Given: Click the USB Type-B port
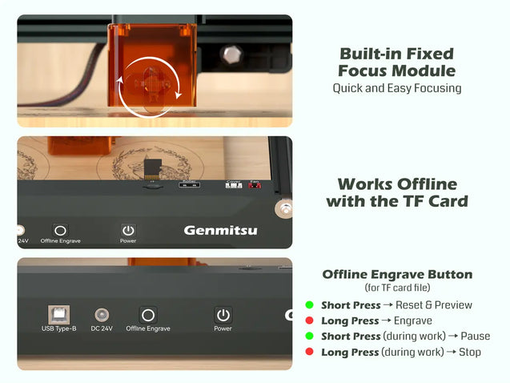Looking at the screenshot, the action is tap(59, 315).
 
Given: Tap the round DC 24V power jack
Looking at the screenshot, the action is tap(102, 315).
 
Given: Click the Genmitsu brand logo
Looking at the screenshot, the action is tap(220, 231).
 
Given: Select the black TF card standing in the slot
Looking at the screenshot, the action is tap(153, 168).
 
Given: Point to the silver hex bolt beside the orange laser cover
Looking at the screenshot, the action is tap(232, 54).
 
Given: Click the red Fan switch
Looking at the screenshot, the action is tap(255, 185).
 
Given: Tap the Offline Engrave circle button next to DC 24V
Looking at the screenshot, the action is tap(148, 315).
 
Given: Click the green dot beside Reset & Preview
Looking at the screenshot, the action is tap(309, 305).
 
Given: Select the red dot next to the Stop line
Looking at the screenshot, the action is tap(309, 352).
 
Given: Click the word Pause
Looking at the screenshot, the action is tap(476, 336).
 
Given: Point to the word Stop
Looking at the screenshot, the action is tap(470, 352).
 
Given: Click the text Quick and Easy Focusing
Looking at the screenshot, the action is tap(397, 88).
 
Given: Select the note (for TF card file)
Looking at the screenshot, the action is tap(397, 288).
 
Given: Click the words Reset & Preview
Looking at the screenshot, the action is tap(434, 305).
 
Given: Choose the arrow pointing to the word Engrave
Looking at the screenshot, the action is tap(386, 321).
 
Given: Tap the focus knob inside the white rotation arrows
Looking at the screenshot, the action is tap(151, 85).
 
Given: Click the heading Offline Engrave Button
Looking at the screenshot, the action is tap(397, 274).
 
